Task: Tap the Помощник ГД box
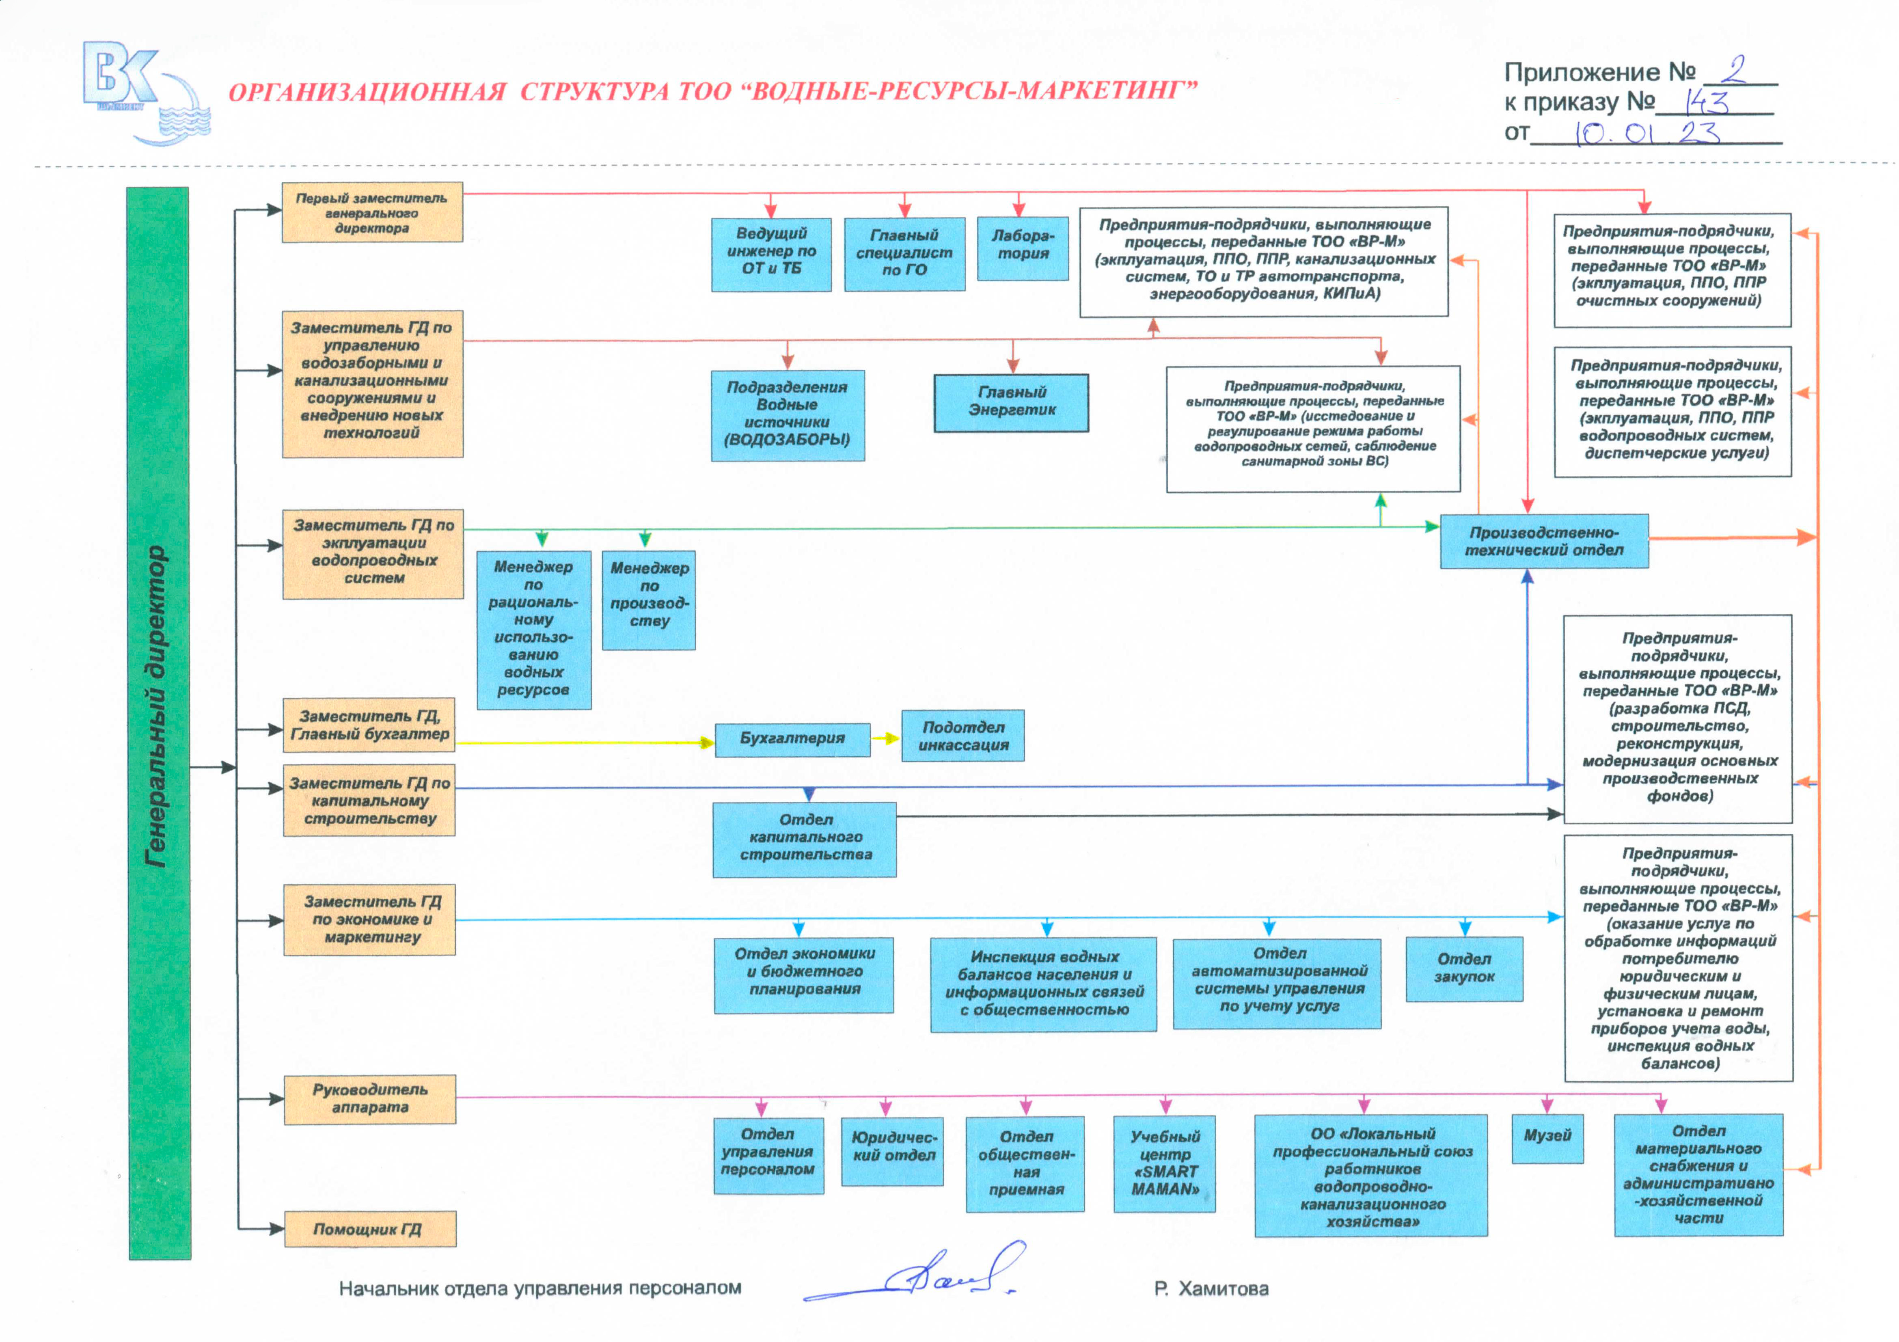370,1229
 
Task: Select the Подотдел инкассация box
963,735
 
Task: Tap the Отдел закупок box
1464,969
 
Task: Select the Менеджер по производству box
648,600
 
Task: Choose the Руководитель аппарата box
370,1099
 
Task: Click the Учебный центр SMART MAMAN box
1165,1163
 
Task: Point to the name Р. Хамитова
1212,1288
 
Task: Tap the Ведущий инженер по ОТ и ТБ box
771,254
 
